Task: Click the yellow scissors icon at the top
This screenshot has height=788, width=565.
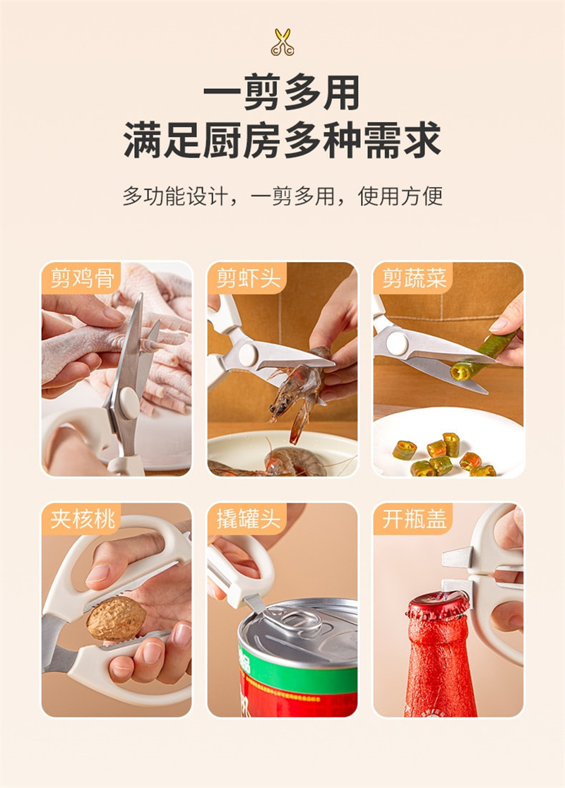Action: click(x=282, y=42)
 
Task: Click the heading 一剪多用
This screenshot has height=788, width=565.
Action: click(x=282, y=92)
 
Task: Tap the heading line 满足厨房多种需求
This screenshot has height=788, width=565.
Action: click(x=282, y=141)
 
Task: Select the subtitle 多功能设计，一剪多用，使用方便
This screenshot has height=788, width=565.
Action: click(x=282, y=196)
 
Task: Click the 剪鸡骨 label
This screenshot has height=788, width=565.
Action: click(x=82, y=278)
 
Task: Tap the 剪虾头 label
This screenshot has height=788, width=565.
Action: click(x=248, y=278)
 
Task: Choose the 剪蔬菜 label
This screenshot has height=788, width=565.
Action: click(x=414, y=278)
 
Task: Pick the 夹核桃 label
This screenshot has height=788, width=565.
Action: click(x=82, y=519)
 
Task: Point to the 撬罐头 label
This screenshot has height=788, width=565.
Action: click(x=248, y=519)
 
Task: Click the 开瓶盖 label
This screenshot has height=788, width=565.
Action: click(x=414, y=519)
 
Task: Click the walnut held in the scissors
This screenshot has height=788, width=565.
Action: click(x=116, y=619)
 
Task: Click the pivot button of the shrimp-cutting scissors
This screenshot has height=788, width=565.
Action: click(x=248, y=354)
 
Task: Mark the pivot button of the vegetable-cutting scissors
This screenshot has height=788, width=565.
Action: click(x=397, y=344)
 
